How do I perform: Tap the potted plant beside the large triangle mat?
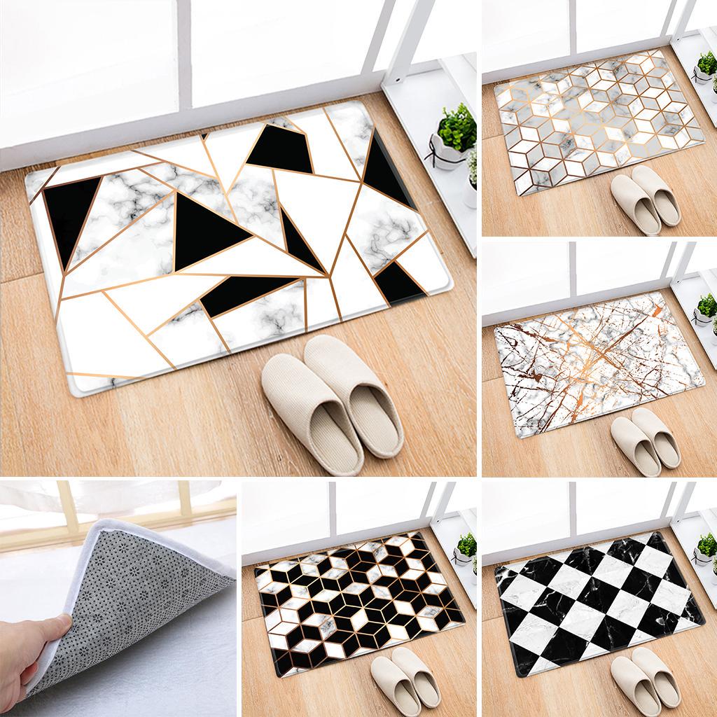point(457,130)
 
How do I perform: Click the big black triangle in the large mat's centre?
point(207,232)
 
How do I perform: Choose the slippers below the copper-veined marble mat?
point(644,440)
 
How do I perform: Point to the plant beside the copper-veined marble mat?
point(706,307)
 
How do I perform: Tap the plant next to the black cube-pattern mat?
point(466,545)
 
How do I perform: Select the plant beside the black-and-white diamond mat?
point(706,545)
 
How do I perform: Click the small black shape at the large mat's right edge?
point(398,280)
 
